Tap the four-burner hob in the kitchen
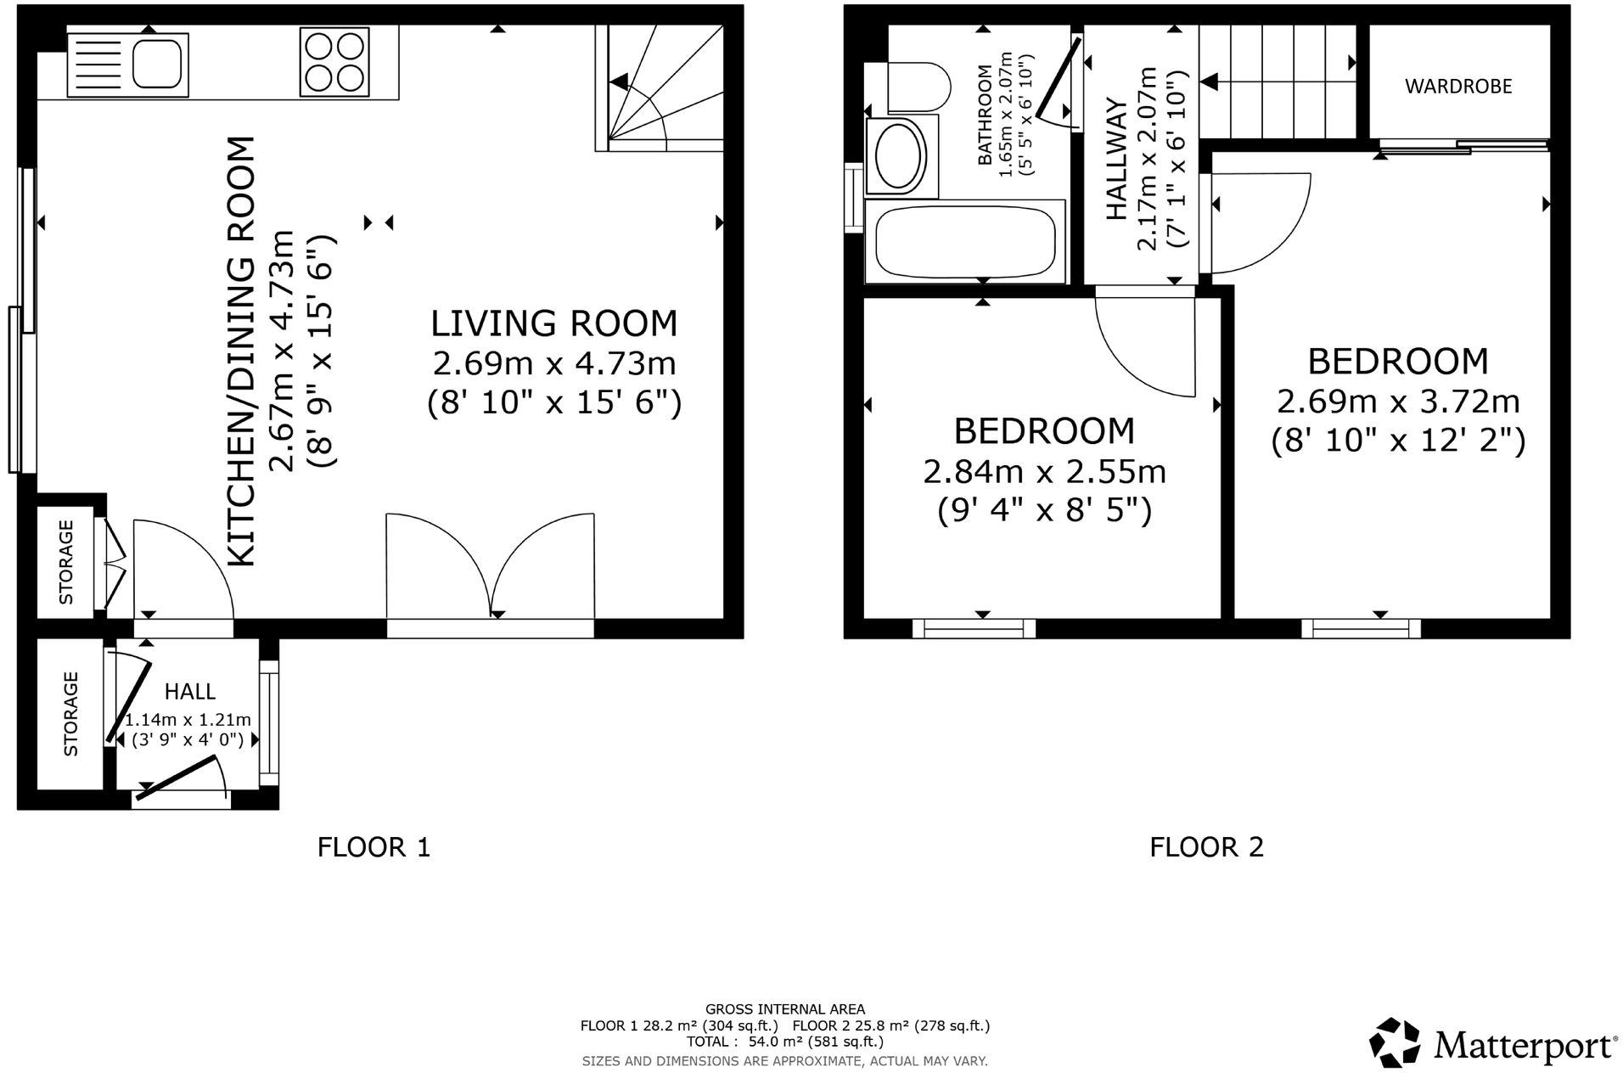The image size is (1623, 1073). (x=334, y=63)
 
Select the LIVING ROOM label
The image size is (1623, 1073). (x=553, y=323)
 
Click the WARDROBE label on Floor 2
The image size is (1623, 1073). (x=1457, y=87)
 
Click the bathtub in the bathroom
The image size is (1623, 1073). (x=964, y=243)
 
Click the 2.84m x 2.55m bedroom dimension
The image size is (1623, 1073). (x=1044, y=472)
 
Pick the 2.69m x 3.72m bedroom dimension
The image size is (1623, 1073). (x=1397, y=402)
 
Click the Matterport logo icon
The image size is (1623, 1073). (x=1394, y=1042)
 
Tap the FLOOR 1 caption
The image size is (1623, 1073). (x=373, y=846)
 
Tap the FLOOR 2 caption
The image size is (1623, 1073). (x=1206, y=846)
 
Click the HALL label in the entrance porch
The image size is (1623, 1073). (x=189, y=692)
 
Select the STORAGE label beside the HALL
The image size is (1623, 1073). (x=70, y=714)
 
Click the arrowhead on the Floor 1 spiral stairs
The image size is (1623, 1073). (x=621, y=82)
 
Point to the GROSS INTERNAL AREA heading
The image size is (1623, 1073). (x=784, y=1009)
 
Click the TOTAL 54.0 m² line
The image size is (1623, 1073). (x=784, y=1042)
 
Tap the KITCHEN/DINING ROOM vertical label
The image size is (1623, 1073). (x=243, y=351)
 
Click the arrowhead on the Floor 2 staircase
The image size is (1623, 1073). (x=1209, y=82)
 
